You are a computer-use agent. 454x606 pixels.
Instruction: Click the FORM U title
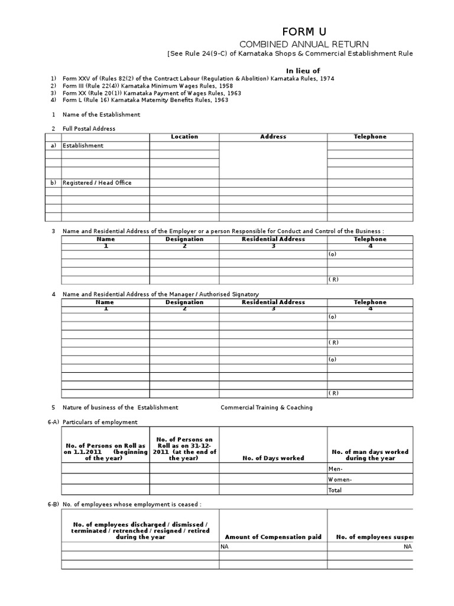303,31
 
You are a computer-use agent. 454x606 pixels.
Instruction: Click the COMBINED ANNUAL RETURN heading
303,44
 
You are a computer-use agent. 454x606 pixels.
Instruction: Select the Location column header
184,137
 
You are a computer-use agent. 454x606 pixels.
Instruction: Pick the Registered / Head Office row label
97,183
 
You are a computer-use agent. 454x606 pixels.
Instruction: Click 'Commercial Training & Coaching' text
267,408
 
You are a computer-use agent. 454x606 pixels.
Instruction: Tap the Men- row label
335,469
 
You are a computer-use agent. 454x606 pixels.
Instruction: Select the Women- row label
340,479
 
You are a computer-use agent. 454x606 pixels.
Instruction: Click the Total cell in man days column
335,490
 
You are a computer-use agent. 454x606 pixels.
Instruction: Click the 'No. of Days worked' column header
273,458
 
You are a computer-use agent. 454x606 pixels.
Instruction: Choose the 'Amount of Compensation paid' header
273,537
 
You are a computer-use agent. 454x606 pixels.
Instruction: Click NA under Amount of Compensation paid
225,547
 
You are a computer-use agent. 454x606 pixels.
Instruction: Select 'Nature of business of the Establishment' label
120,408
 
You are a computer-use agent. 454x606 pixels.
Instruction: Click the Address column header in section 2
273,137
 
